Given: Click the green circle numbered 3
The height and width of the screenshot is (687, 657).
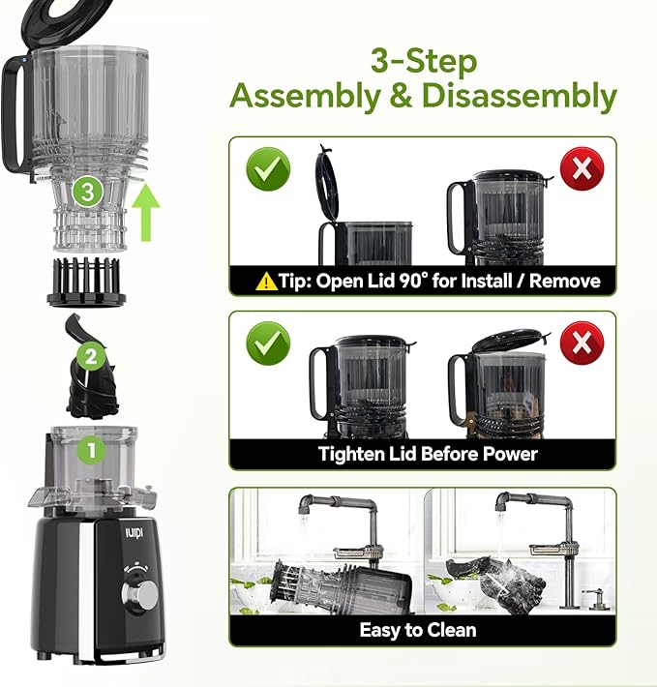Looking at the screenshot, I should click(x=88, y=192).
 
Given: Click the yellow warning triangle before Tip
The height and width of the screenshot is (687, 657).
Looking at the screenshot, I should click(x=266, y=282).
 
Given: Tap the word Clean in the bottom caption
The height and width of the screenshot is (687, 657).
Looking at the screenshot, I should click(x=449, y=630).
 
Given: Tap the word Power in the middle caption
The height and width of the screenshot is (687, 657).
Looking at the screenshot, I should click(x=511, y=454).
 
